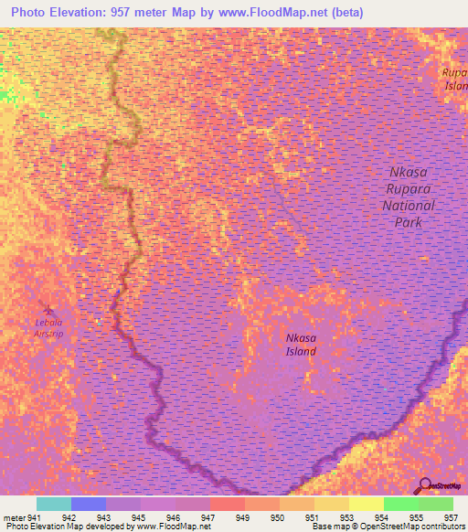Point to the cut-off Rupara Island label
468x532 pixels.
tap(454, 79)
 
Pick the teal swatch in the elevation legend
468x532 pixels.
tap(54, 504)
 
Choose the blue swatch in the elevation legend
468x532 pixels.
tap(89, 504)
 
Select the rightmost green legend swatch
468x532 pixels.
tap(435, 504)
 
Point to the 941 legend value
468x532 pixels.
tap(35, 517)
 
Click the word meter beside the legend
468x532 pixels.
tap(14, 517)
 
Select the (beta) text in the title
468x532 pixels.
tap(348, 12)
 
